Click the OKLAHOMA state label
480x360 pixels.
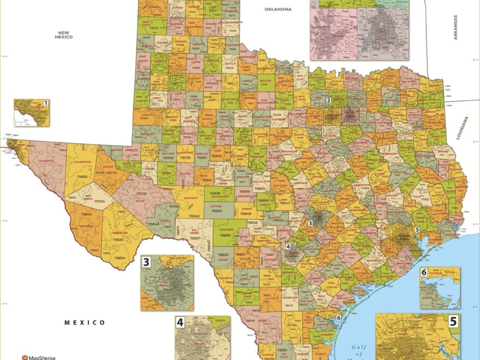pyautogui.click(x=278, y=9)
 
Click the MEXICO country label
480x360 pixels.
pyautogui.click(x=85, y=322)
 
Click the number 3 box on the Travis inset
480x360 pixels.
pyautogui.click(x=146, y=262)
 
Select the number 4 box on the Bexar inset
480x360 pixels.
pyautogui.click(x=180, y=322)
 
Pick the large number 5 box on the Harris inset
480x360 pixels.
pyautogui.click(x=453, y=321)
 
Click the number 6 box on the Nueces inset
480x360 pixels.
pyautogui.click(x=424, y=272)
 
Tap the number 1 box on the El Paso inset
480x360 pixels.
pyautogui.click(x=46, y=103)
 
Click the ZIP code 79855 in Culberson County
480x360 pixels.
pyautogui.click(x=82, y=177)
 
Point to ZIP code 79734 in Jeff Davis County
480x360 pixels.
pyautogui.click(x=99, y=201)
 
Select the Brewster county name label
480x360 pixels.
pyautogui.click(x=120, y=232)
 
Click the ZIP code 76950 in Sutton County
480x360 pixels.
pyautogui.click(x=217, y=211)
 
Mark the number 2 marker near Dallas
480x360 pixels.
pyautogui.click(x=328, y=101)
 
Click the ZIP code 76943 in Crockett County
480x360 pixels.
pyautogui.click(x=194, y=217)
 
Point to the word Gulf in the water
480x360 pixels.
pyautogui.click(x=357, y=347)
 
